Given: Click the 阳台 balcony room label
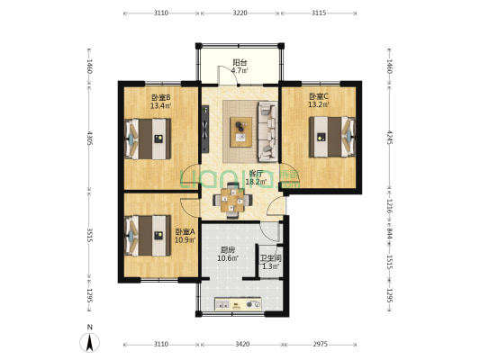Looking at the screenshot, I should click(x=240, y=63).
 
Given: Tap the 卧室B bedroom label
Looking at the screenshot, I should click(x=161, y=97).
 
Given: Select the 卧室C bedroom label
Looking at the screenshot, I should click(x=319, y=97).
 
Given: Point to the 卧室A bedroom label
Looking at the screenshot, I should click(x=186, y=231).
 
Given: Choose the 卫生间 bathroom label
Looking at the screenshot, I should click(x=270, y=257).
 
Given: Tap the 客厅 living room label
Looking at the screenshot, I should click(x=256, y=174).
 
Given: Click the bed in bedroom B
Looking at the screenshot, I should click(x=146, y=139).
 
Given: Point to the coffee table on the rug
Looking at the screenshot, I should click(x=240, y=131).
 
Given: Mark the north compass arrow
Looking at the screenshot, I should click(x=90, y=341).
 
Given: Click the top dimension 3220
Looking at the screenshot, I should click(x=240, y=13).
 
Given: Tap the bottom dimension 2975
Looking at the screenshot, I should click(x=321, y=345).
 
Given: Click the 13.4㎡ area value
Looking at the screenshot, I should click(x=161, y=105).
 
